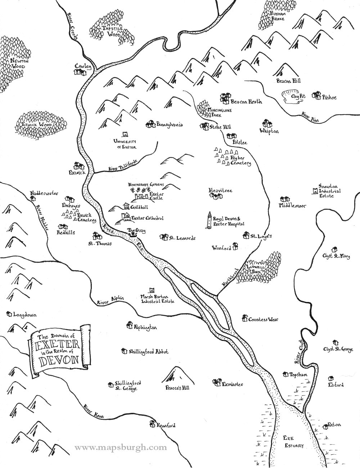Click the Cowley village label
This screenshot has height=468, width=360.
[81, 66]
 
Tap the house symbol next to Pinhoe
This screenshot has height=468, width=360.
[316, 95]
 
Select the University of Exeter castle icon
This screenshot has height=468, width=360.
[125, 134]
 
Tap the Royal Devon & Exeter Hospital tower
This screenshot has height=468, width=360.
[208, 221]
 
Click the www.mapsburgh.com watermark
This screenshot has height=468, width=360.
[121, 447]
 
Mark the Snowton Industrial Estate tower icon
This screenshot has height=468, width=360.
[315, 191]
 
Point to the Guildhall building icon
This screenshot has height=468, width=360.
[126, 206]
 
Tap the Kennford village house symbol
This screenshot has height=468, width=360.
[152, 424]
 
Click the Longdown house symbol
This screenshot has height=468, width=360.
[9, 314]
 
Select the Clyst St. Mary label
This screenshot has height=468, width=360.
[337, 257]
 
